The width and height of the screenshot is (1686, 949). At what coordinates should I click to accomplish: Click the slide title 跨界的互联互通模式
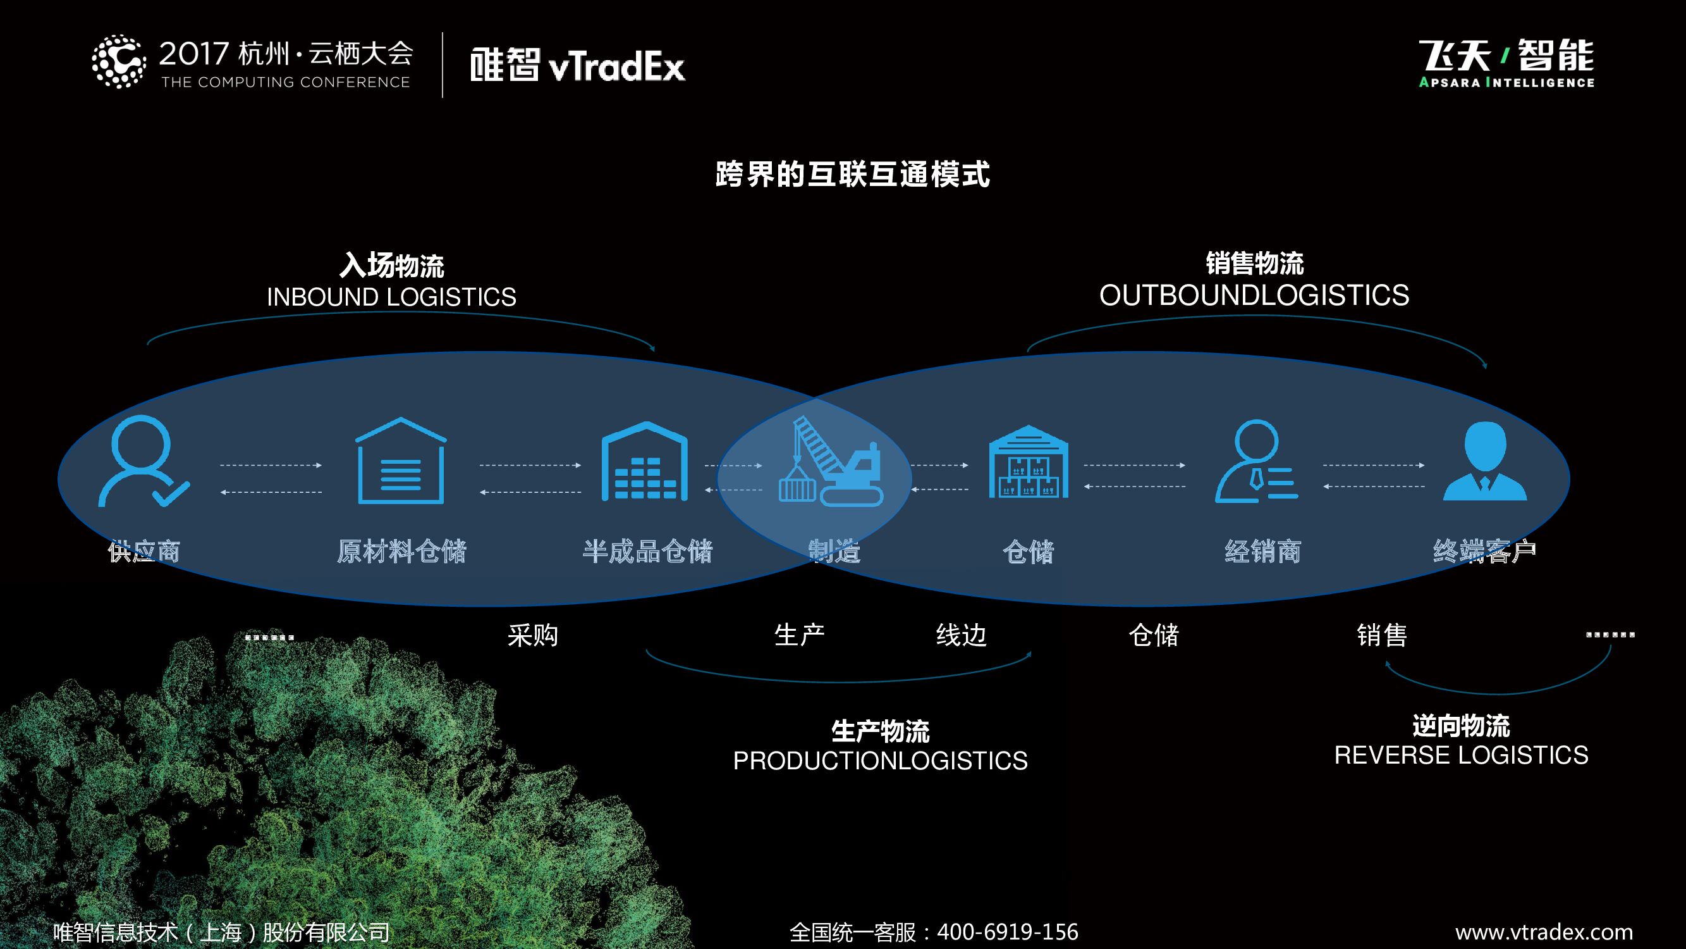[852, 174]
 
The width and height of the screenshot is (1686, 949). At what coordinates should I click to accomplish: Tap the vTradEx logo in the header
[577, 66]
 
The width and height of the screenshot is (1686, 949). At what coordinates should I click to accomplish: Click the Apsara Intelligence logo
[1506, 63]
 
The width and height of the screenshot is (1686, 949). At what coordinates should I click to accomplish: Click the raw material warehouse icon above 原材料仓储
[401, 461]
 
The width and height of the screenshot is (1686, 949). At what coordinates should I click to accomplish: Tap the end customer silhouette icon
[1484, 461]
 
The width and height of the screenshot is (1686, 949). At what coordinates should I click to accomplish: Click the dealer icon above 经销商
[1256, 461]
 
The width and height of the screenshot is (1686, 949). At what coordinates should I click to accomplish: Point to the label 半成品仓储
[647, 552]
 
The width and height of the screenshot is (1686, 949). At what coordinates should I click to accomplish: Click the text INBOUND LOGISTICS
[391, 297]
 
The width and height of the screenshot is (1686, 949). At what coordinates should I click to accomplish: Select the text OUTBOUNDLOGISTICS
[1254, 295]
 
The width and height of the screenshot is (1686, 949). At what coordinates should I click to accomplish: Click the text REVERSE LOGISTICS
[1462, 755]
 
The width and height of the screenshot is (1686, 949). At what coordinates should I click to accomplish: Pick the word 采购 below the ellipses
[533, 635]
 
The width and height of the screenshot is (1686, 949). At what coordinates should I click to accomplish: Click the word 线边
[961, 635]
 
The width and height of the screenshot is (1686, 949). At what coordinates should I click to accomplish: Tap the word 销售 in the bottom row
[1382, 635]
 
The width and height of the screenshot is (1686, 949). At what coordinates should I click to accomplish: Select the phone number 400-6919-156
[1007, 931]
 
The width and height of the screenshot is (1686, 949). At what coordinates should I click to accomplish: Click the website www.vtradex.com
[1544, 931]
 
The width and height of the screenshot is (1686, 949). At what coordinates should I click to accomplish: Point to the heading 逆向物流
[1461, 726]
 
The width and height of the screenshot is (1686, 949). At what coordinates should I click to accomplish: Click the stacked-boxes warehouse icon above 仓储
[1028, 461]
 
